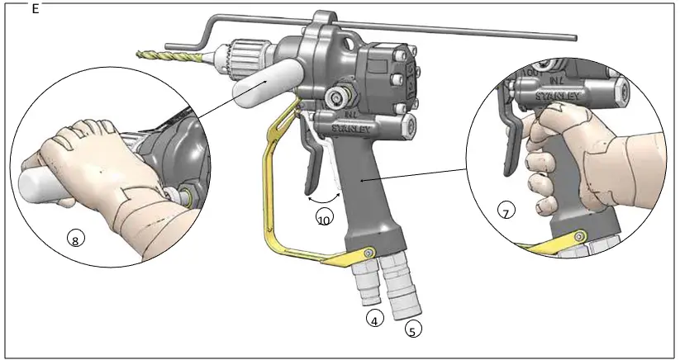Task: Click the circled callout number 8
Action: (x=75, y=240)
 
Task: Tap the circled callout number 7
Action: (x=506, y=212)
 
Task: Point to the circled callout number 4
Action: (x=374, y=320)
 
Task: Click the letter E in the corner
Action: (x=35, y=9)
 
